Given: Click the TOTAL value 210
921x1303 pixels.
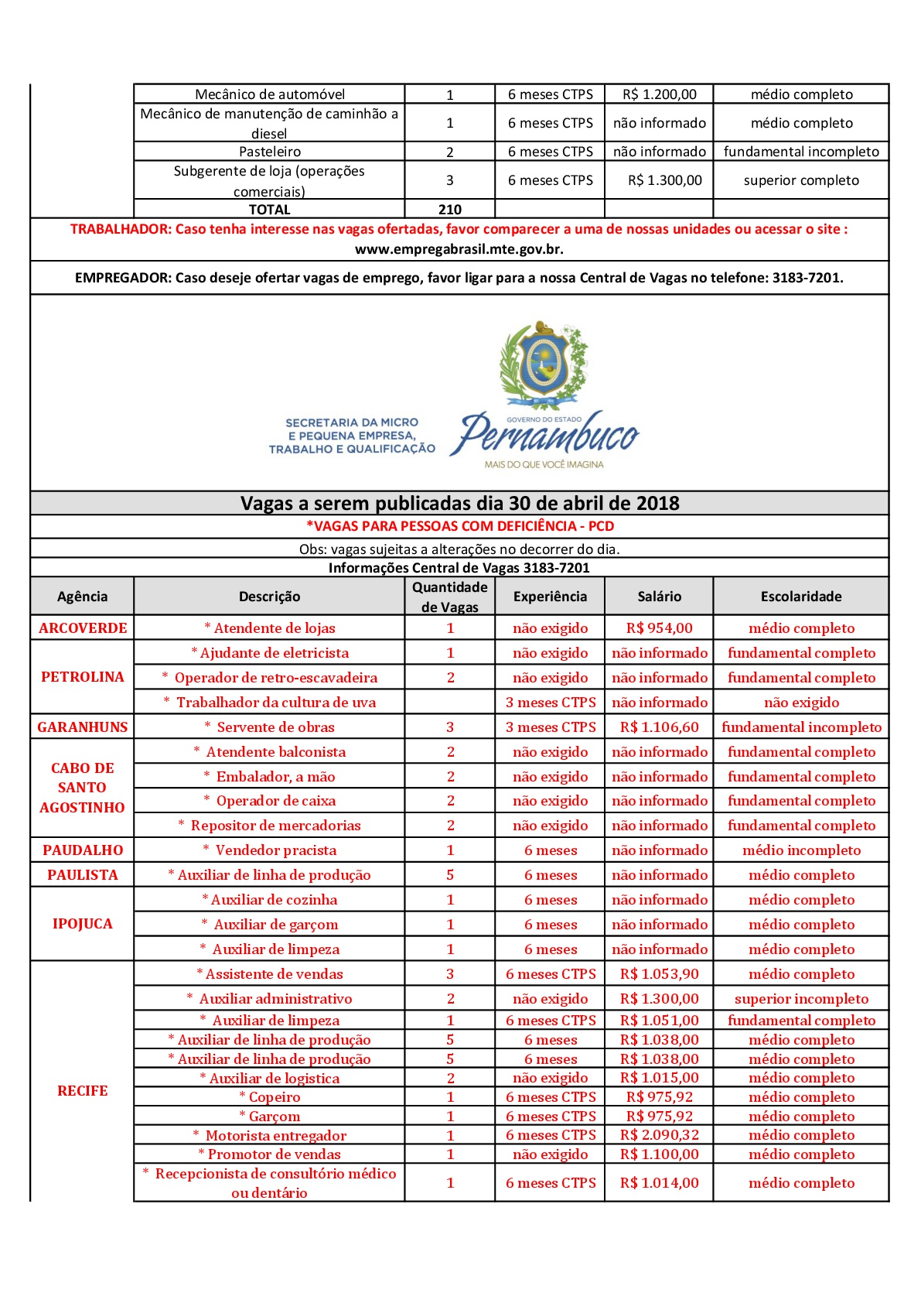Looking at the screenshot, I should point(449,210).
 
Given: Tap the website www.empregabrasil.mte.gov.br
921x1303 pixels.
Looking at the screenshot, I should point(459,249).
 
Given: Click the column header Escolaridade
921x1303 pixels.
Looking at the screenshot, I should point(800,597).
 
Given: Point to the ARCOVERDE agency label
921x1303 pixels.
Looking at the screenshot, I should point(83,628).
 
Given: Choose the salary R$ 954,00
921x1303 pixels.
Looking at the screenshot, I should point(659,628).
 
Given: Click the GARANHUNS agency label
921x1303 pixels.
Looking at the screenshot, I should point(83,727).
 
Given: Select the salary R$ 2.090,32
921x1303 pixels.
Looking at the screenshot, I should point(659,1135).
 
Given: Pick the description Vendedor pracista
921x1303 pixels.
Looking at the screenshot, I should point(275,850).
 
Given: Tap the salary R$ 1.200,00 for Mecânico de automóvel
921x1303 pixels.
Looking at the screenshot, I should point(659,94).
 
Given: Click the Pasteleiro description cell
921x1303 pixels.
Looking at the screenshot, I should point(269,152).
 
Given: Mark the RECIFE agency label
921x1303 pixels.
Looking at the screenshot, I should point(83,1091).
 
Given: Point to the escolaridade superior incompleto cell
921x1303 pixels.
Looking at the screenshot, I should point(801,999).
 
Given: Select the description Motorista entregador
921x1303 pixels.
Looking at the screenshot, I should point(275,1136).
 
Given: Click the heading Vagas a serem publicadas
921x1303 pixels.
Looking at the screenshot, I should point(459,504).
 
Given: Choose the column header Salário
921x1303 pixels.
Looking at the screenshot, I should point(659,597).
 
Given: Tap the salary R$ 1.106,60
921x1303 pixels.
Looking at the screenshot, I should point(659,727).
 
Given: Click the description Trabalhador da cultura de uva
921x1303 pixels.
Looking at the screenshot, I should point(275,703).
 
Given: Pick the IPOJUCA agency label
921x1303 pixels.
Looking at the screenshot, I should point(83,924).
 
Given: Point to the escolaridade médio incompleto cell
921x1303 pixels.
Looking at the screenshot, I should point(801,850).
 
